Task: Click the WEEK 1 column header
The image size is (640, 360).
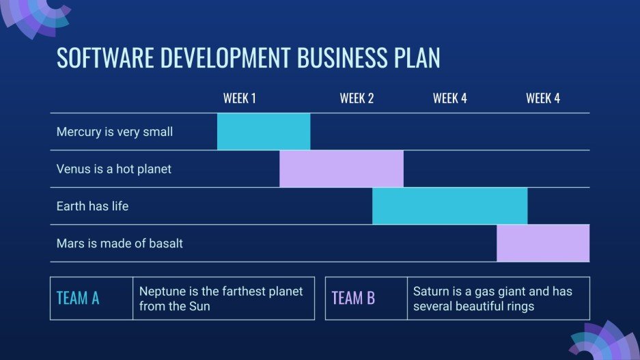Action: click(240, 98)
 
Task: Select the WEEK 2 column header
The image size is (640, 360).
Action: click(357, 98)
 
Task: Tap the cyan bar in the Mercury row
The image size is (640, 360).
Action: click(264, 132)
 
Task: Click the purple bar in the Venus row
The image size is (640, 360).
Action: click(342, 169)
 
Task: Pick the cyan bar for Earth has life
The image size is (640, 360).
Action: click(449, 206)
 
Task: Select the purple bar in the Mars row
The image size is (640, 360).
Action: click(543, 243)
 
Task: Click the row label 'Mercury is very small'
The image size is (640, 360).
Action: click(115, 132)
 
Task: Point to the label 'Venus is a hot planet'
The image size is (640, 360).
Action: click(114, 169)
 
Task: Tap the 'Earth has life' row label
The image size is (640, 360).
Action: click(92, 206)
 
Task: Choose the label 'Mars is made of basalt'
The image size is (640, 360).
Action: click(120, 243)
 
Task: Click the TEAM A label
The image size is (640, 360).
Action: click(78, 299)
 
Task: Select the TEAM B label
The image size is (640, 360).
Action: click(353, 299)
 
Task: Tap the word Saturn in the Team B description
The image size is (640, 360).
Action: click(432, 292)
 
